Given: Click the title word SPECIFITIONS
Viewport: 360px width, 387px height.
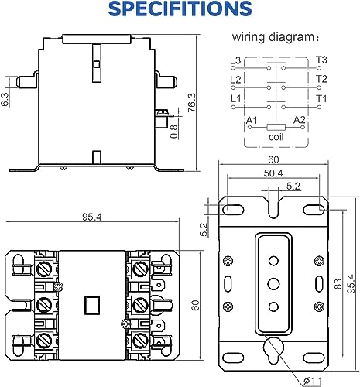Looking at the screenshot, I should point(180,10).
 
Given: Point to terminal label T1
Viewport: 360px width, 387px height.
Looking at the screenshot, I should point(321,98).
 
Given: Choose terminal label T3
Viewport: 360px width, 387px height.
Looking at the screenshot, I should point(321,60).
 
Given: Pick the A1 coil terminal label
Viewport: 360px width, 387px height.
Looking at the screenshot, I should point(251,119).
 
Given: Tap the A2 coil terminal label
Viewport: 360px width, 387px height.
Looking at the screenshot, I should point(301,119).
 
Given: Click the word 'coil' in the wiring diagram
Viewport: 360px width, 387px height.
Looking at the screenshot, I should point(277,137).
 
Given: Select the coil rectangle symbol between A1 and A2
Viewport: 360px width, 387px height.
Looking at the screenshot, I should point(276,126).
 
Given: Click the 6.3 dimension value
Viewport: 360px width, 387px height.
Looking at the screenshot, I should point(6,100).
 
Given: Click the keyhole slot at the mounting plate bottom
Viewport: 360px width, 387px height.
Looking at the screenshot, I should point(272,348).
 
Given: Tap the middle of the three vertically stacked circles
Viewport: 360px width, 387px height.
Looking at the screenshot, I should point(272,283).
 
